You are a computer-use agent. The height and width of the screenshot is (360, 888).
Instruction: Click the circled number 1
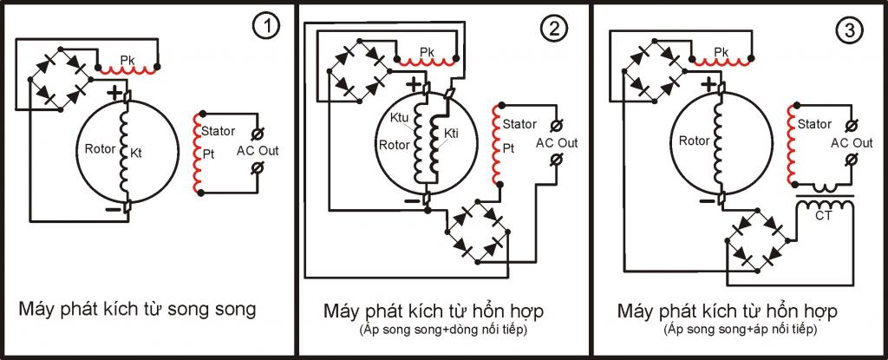(265, 28)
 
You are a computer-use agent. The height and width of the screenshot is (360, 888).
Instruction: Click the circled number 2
(552, 28)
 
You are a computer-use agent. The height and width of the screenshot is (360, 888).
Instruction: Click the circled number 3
(850, 30)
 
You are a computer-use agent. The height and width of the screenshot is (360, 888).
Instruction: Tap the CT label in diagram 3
(824, 215)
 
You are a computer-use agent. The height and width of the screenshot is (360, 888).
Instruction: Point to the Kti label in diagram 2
(451, 134)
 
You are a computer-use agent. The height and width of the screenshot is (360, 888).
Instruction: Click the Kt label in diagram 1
(137, 153)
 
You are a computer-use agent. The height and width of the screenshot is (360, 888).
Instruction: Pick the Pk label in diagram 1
(127, 59)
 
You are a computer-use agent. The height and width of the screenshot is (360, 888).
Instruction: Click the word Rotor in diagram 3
(694, 141)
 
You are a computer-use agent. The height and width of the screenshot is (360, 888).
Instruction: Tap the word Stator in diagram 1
(218, 131)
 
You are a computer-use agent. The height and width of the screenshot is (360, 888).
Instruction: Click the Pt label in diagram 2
(508, 148)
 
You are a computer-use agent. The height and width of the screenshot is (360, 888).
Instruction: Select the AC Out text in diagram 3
(852, 143)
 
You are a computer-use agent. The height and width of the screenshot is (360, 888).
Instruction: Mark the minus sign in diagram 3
(706, 200)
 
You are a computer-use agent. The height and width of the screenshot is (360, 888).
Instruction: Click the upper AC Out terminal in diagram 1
(258, 134)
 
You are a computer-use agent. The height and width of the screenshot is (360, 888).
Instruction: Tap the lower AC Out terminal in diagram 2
(556, 160)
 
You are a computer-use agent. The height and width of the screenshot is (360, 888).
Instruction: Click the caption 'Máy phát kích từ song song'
(138, 310)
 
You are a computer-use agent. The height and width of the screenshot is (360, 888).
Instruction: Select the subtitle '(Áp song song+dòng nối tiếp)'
(443, 330)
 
